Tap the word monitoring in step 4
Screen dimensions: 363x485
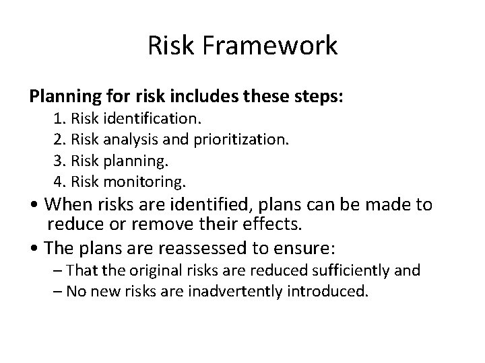coord(148,182)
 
